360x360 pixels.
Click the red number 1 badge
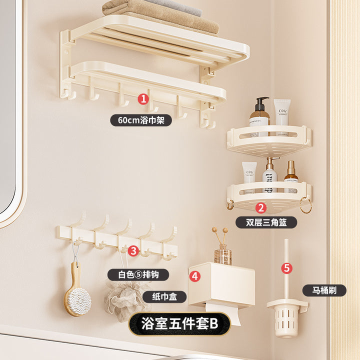coord(143,99)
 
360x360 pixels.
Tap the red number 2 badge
coord(261,208)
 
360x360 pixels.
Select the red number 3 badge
coord(133,250)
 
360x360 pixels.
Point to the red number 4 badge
coord(195,276)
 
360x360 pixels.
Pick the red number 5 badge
coord(287,268)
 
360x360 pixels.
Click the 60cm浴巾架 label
coord(141,120)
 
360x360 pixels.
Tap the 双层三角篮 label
coord(266,222)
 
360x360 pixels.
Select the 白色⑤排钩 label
coord(138,274)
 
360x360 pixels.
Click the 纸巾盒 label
coord(164,296)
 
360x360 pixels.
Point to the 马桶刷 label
coord(324,290)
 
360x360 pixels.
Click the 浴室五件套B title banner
coord(179,323)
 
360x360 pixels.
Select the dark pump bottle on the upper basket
coord(259,114)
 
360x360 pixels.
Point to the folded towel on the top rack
coord(160,17)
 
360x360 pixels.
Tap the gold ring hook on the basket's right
coord(306,205)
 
